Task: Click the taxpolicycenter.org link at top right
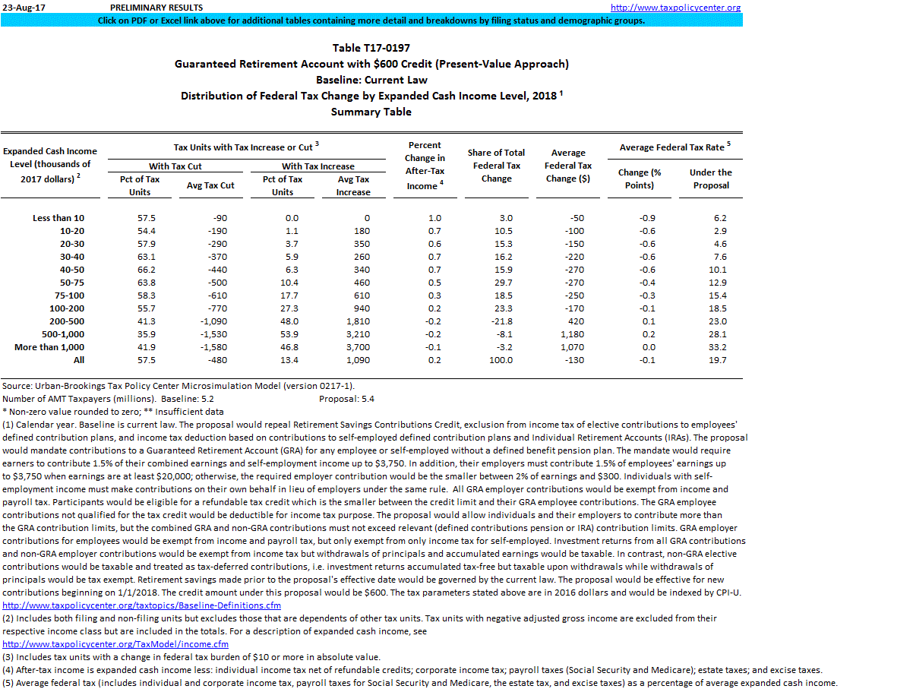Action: pyautogui.click(x=675, y=8)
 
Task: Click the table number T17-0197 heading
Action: pyautogui.click(x=371, y=48)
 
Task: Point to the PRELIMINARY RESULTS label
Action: pyautogui.click(x=156, y=8)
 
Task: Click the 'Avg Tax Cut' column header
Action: pyautogui.click(x=210, y=185)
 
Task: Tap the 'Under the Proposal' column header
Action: pyautogui.click(x=710, y=179)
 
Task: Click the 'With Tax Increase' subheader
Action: pyautogui.click(x=318, y=166)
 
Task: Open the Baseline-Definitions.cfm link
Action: pyautogui.click(x=142, y=605)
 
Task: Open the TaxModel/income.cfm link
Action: pyautogui.click(x=115, y=644)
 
